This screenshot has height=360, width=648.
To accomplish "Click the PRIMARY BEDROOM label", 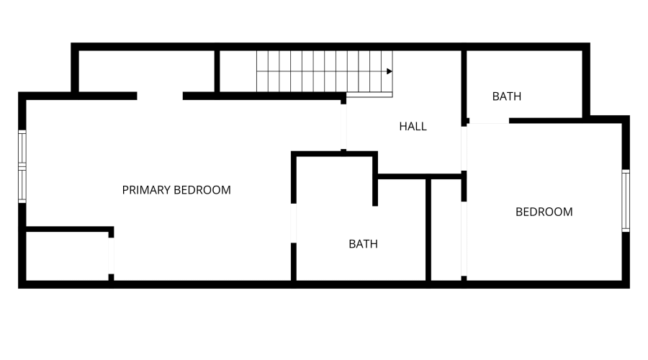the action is point(176,189).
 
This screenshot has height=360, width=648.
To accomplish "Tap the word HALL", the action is point(413,127).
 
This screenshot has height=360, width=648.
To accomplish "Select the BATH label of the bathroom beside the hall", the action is point(507,96).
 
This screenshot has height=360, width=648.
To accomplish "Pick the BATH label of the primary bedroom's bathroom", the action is point(364,244).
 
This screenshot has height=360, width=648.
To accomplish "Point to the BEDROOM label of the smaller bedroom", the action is point(544,212).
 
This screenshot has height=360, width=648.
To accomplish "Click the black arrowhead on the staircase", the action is point(390,71).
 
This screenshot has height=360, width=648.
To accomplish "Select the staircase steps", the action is point(325,71).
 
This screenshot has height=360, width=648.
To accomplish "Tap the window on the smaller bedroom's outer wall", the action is point(626,200).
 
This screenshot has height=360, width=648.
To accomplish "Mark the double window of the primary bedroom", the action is point(22,166).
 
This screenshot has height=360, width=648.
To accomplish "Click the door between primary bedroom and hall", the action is point(343,127).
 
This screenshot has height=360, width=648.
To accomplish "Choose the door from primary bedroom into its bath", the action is point(294,223).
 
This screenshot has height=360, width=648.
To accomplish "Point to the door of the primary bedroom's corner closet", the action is point(111,256).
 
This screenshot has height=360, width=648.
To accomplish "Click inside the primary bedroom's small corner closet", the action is point(67,256).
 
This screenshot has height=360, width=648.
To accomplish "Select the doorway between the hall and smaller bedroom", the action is point(464,148).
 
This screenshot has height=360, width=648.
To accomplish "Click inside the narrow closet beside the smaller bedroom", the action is point(446,230).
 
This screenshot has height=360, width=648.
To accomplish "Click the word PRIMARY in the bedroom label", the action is point(146,189).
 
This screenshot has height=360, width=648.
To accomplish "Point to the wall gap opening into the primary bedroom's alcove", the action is point(160,96).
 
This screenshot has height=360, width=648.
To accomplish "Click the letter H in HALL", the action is point(402,127).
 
